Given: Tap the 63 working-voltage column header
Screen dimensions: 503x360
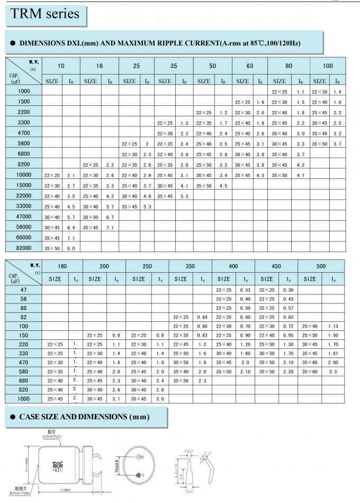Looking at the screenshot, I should (249, 66).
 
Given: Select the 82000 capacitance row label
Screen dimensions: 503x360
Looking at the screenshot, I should (24, 248).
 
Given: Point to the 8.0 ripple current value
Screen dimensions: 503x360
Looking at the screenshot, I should (70, 248).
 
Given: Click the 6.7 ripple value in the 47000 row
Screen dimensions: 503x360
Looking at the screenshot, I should (110, 217).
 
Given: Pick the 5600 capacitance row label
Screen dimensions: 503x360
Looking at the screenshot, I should (24, 143).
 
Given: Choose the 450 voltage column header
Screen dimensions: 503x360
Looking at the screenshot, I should (275, 266).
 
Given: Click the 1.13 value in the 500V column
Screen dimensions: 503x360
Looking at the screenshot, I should (333, 326).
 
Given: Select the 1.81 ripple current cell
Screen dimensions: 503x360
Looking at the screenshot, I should (333, 353).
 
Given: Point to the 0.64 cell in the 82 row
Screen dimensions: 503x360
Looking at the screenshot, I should (202, 317).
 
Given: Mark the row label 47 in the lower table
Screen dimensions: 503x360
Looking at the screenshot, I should (24, 290).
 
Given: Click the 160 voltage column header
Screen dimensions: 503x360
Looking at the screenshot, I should (62, 266).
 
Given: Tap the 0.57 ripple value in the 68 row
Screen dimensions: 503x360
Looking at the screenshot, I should (289, 308).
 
